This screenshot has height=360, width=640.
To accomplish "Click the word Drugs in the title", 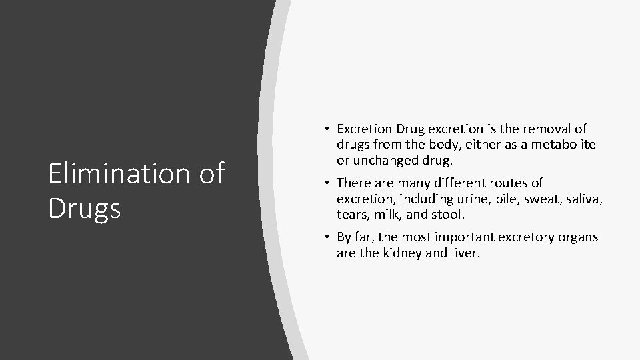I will coord(85,208).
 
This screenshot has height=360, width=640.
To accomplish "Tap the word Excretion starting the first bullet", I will coord(365,129).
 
